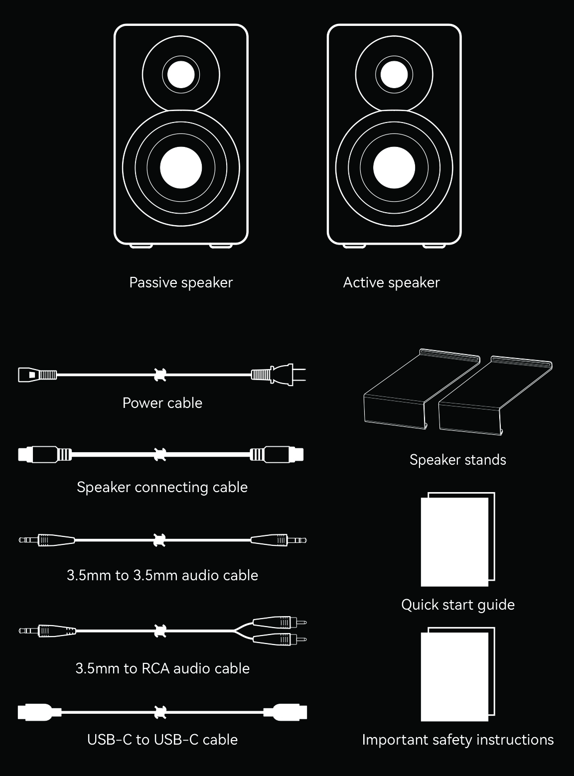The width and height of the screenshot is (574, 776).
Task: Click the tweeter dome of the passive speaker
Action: (x=181, y=75)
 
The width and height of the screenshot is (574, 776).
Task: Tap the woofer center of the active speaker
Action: (x=394, y=167)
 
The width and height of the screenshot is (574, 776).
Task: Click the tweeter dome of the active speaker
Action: (x=394, y=75)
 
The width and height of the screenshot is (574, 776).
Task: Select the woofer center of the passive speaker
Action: (x=181, y=167)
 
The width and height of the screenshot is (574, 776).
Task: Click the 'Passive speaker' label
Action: (x=181, y=282)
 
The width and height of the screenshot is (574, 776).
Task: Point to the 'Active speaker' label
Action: (x=391, y=282)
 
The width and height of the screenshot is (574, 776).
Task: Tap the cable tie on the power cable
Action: (x=160, y=375)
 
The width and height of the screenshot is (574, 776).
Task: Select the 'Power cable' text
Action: (x=162, y=403)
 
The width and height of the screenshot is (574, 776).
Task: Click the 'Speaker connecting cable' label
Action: (x=162, y=487)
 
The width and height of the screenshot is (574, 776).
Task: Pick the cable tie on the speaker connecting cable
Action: (x=160, y=454)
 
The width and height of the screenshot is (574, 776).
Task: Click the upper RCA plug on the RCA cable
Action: (x=280, y=622)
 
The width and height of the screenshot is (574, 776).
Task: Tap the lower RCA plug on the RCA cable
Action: (x=280, y=639)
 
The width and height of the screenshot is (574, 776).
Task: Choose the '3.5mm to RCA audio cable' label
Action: (x=163, y=668)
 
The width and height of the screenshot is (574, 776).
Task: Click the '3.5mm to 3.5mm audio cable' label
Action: (x=162, y=575)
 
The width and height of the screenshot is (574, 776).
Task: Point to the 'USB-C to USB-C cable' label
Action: (x=162, y=740)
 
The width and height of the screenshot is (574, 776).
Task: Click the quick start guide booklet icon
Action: (x=458, y=539)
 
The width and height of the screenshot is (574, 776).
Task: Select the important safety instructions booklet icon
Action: (x=458, y=674)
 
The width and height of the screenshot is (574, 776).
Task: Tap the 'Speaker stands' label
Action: (x=458, y=460)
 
